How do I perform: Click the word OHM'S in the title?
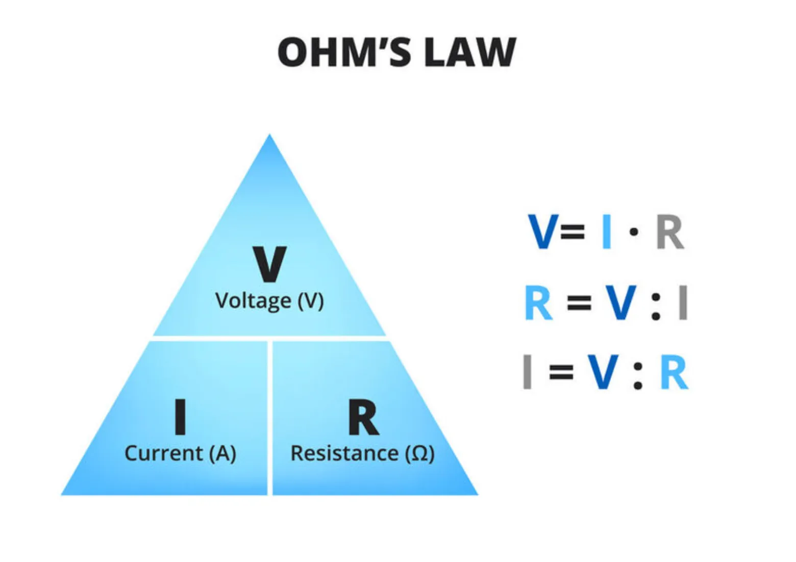tap(344, 52)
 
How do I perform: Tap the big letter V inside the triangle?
tap(269, 264)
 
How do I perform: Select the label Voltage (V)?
tap(269, 300)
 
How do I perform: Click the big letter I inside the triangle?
tap(180, 417)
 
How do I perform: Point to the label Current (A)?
tap(180, 453)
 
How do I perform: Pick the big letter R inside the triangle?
tap(363, 417)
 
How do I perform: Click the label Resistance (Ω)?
tap(362, 453)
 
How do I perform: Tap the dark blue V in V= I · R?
tap(542, 232)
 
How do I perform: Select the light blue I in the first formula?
tap(606, 232)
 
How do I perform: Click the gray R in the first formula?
tap(669, 232)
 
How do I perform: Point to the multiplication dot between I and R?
tap(634, 233)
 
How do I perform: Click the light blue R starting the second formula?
tap(539, 303)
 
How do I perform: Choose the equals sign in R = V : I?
tap(579, 303)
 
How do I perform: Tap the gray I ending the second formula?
tap(683, 303)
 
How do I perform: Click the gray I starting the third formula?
tap(528, 373)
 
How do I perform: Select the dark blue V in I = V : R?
tap(603, 373)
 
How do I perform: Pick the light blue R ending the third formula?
tap(674, 373)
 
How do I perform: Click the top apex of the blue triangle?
tap(269, 137)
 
